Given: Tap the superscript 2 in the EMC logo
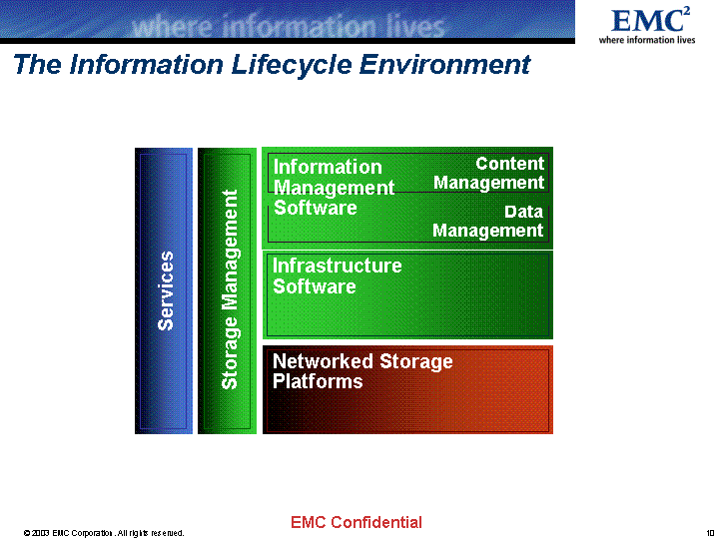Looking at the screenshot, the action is click(x=686, y=11).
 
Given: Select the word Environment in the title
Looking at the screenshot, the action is click(x=444, y=64).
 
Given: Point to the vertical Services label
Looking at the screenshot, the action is click(x=166, y=290).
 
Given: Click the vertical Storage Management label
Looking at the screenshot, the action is click(x=230, y=289).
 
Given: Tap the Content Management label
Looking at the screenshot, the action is click(x=488, y=173).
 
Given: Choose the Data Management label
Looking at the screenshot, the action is click(x=488, y=221).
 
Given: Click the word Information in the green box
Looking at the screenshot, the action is click(x=328, y=167).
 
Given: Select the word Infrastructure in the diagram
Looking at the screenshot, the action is click(x=338, y=266).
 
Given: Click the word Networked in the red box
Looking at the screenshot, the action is click(x=323, y=361).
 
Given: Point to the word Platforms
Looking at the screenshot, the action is click(x=318, y=381).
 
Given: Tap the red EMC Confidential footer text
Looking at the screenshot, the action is click(x=357, y=522).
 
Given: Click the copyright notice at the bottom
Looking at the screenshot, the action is click(x=104, y=533).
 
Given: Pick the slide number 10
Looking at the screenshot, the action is click(x=710, y=533).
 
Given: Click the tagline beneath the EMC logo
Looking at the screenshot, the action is click(x=647, y=40).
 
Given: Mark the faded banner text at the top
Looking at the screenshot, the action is click(x=288, y=27).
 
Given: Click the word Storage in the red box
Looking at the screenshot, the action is click(x=416, y=361).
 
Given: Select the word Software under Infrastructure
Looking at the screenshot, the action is click(x=315, y=286).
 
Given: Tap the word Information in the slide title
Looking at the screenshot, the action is click(x=147, y=64).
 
